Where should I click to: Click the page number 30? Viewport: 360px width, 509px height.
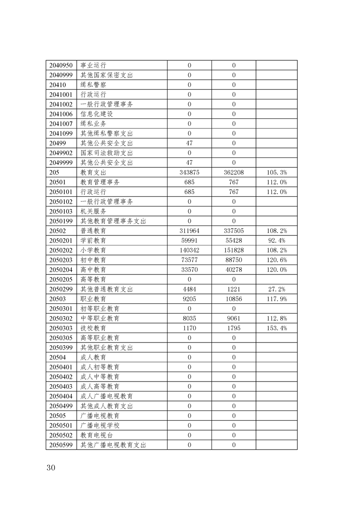[x=50, y=468]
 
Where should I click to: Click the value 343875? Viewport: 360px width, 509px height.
[x=189, y=172]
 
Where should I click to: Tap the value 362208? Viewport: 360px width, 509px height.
[x=234, y=172]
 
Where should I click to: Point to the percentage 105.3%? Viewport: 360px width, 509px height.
[x=276, y=172]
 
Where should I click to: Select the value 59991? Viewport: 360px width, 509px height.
[x=189, y=240]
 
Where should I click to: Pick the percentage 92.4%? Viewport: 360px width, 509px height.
[x=276, y=240]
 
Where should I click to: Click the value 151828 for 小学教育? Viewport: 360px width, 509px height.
[x=234, y=250]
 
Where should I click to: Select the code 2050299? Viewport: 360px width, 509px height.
[x=61, y=289]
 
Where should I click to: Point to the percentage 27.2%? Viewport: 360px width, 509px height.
[x=276, y=289]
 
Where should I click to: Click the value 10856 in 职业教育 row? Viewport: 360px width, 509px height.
[x=234, y=299]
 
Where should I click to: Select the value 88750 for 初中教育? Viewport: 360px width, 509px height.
[x=234, y=260]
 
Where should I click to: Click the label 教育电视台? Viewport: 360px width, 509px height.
[x=94, y=436]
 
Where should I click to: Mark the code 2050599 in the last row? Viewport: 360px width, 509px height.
[x=61, y=445]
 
